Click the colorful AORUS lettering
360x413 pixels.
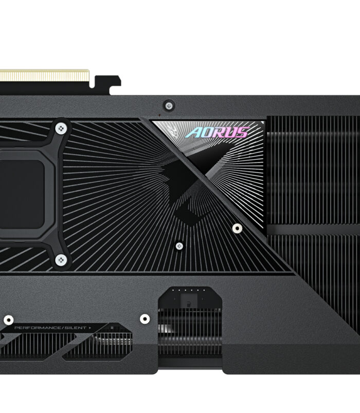pos(217,133)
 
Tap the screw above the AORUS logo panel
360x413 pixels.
pos(169,106)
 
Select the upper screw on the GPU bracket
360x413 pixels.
pos(61,128)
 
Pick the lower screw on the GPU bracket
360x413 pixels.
pos(61,260)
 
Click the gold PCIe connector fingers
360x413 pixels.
pos(44,76)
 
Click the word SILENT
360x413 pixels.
pos(76,328)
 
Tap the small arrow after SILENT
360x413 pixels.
pos(90,328)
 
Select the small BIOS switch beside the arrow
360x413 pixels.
pos(112,328)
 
